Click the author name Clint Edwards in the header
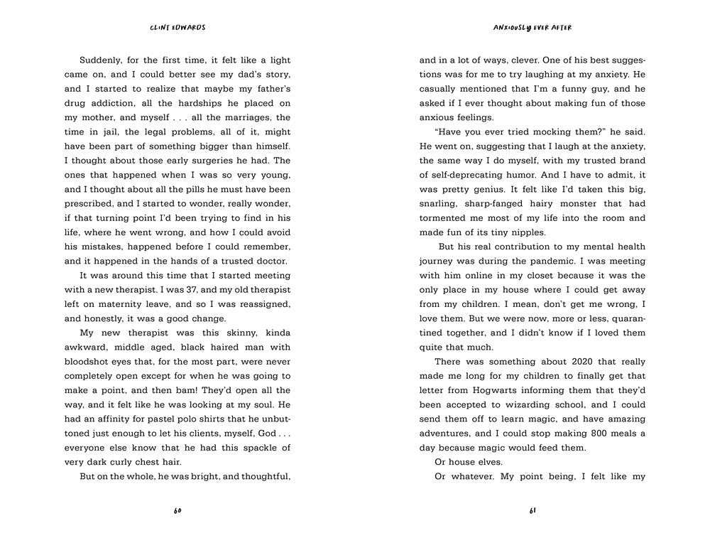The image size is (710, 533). (x=177, y=28)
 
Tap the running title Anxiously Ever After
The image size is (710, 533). (x=532, y=28)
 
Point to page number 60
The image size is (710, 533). (x=177, y=511)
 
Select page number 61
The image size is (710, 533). (x=532, y=511)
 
